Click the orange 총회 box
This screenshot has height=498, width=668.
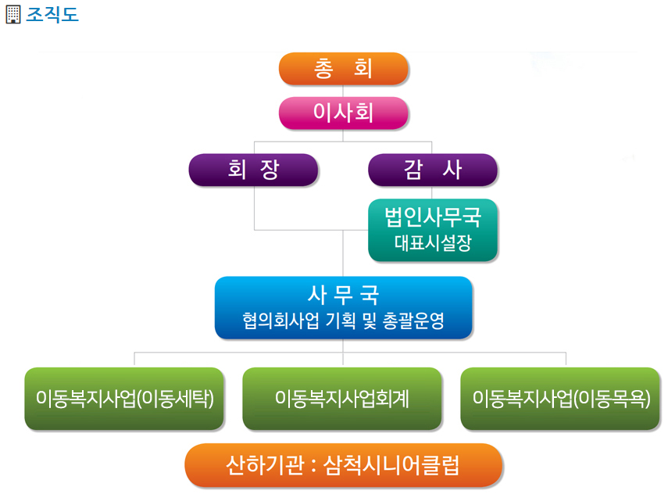click(x=343, y=69)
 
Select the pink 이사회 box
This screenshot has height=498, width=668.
click(x=343, y=113)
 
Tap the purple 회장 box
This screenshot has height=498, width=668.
click(x=253, y=170)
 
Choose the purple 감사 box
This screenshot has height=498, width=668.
click(x=432, y=170)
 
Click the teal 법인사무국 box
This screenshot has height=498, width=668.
click(x=432, y=230)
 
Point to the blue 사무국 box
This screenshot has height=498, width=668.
click(x=343, y=307)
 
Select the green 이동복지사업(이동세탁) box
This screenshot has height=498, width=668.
click(x=124, y=399)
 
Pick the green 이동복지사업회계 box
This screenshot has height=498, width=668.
click(x=342, y=399)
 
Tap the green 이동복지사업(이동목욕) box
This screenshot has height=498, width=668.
click(x=560, y=399)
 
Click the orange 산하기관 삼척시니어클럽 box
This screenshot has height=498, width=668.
click(x=343, y=465)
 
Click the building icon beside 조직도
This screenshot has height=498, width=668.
click(x=13, y=15)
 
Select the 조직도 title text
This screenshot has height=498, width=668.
click(x=52, y=15)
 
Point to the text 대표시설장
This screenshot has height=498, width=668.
click(x=433, y=243)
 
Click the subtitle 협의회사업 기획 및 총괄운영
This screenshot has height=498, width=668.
click(x=343, y=321)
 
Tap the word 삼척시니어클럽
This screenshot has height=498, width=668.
click(x=391, y=465)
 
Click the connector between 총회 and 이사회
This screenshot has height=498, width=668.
click(x=343, y=91)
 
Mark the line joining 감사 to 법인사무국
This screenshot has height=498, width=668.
click(x=431, y=192)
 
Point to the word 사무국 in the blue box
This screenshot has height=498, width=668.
click(x=343, y=295)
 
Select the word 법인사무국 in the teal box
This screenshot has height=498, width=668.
click(x=433, y=217)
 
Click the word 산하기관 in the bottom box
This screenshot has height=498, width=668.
click(x=265, y=465)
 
